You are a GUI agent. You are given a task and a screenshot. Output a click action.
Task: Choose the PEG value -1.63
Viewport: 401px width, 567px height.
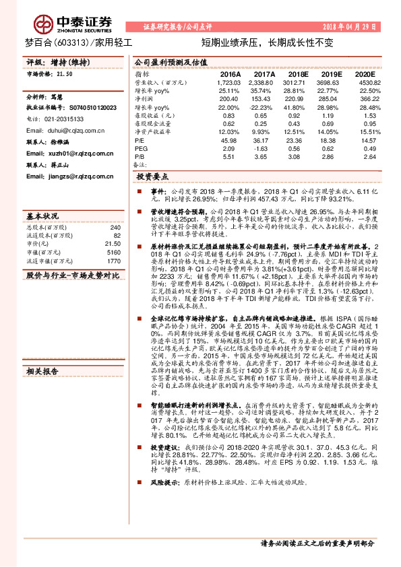pos(264,148)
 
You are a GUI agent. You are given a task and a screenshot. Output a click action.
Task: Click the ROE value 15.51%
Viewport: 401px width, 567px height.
pos(365,132)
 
